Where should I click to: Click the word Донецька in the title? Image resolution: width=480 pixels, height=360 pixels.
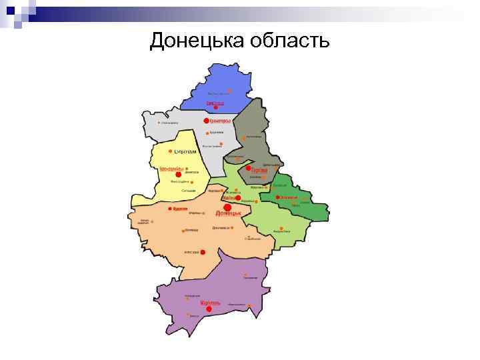pos(197,41)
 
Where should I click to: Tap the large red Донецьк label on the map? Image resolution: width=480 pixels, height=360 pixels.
pos(229,214)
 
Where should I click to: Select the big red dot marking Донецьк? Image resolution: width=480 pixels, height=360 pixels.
pos(228,207)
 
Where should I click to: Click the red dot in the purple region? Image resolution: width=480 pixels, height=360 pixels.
pos(209,309)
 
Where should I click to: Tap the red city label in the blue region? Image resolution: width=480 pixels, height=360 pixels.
pos(215,103)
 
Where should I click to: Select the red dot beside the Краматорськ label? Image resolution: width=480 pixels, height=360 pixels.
pos(206,121)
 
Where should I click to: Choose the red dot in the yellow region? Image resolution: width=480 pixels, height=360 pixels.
pos(179,174)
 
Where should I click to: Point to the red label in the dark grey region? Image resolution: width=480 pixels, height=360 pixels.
pos(259,170)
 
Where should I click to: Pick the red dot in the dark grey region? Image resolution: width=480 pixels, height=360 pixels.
pos(248,169)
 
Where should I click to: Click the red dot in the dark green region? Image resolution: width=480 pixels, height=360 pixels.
pos(277,197)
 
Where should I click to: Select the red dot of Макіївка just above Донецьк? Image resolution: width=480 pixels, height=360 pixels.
pos(238,198)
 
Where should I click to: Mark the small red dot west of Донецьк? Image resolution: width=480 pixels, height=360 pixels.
pos(167,209)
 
